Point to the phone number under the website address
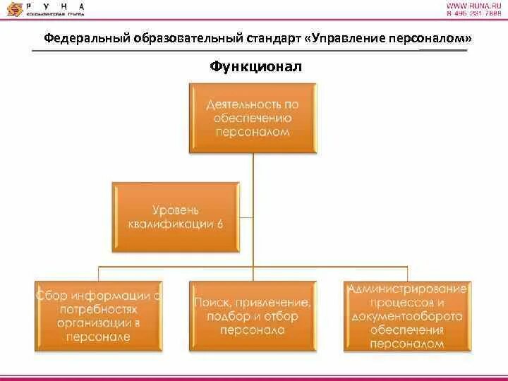tap(473, 15)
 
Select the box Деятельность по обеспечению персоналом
tap(253, 118)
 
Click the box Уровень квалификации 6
tap(176, 217)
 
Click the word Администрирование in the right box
tap(406, 289)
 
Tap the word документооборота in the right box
tap(406, 317)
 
